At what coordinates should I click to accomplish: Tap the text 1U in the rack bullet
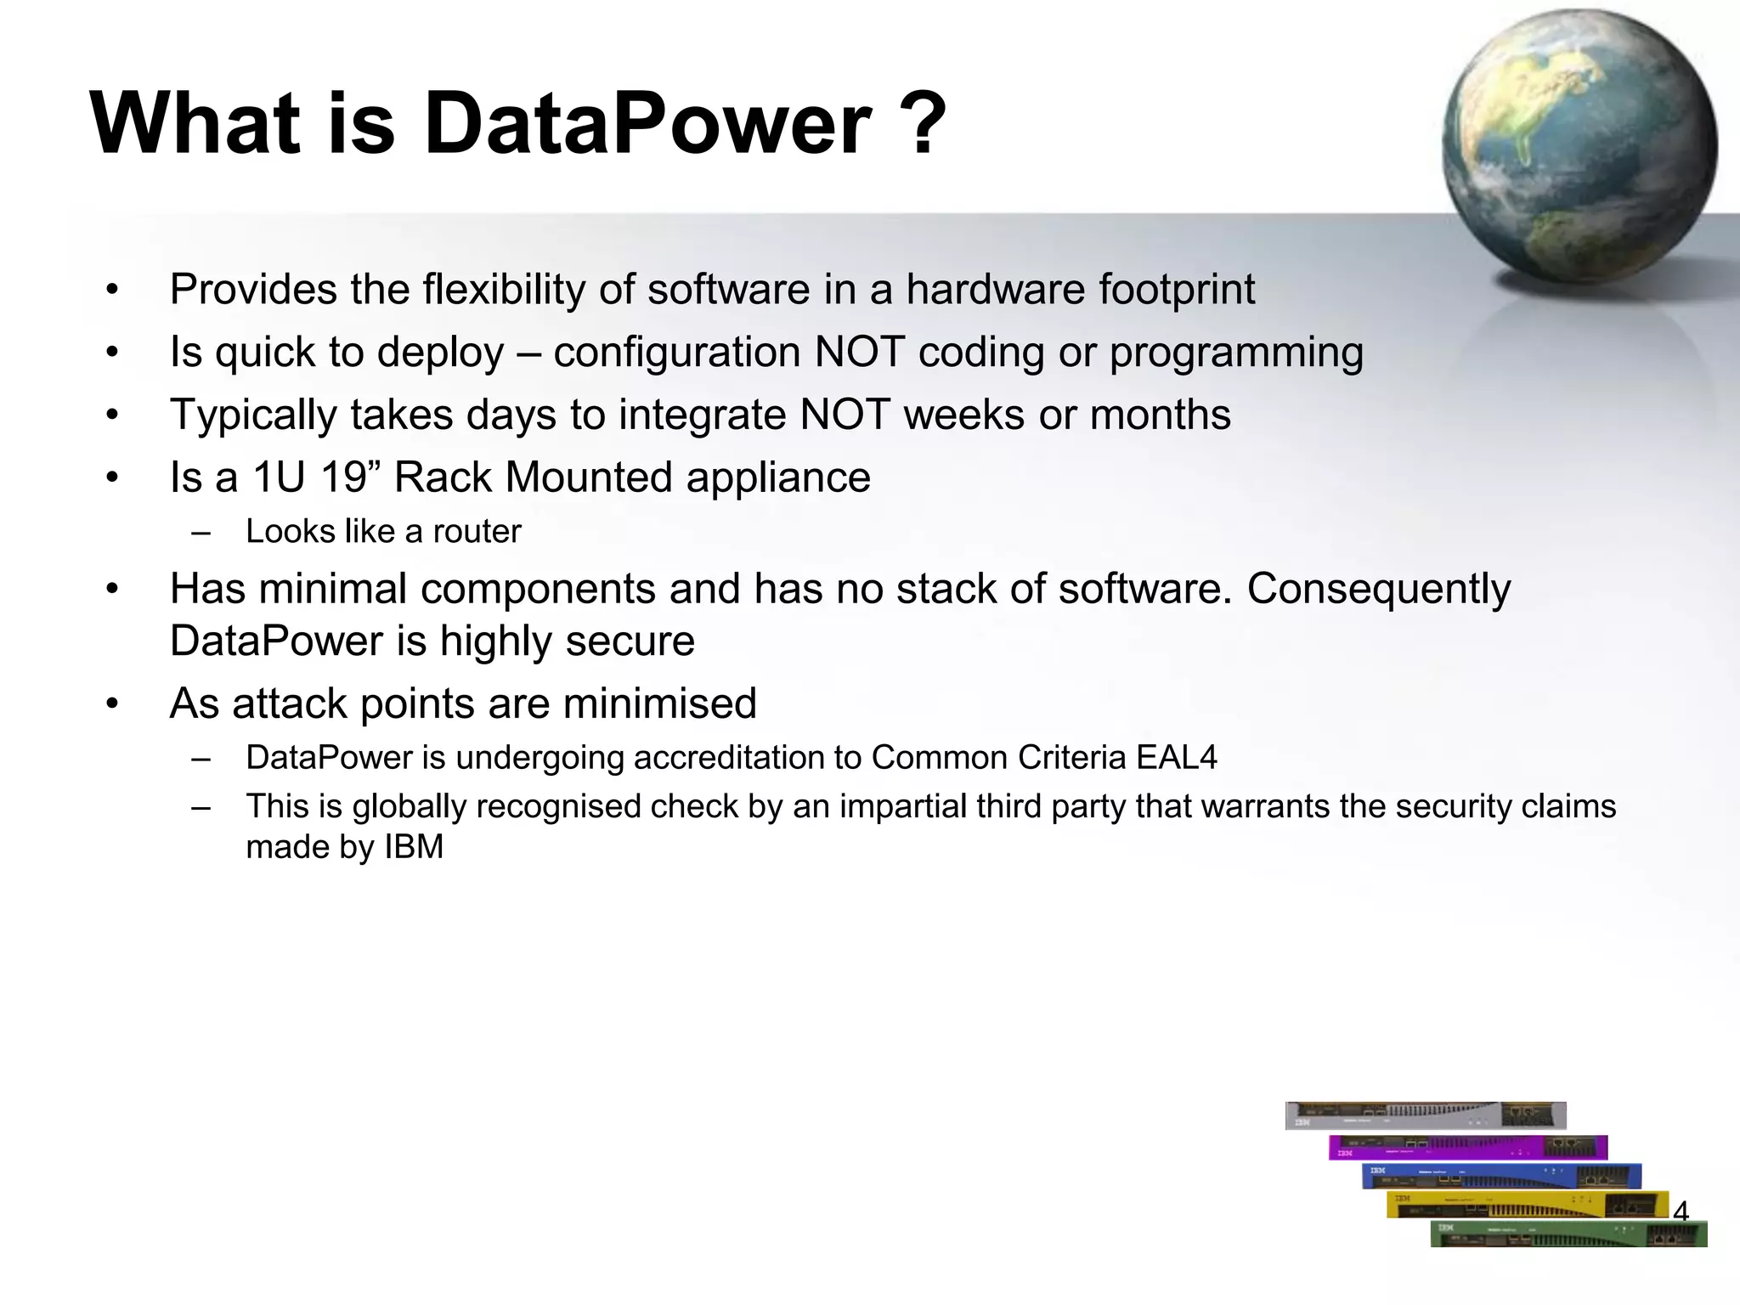(x=279, y=477)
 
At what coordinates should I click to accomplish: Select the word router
(x=477, y=532)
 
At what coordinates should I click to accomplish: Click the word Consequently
(x=1378, y=589)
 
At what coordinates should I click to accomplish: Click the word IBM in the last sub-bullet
(x=414, y=847)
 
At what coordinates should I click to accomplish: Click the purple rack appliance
(x=1467, y=1147)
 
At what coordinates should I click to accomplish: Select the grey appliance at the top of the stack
(x=1425, y=1115)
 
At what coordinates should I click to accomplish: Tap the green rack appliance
(x=1568, y=1234)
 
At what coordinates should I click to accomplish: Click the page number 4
(x=1680, y=1212)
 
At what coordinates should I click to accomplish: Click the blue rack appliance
(x=1501, y=1176)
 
